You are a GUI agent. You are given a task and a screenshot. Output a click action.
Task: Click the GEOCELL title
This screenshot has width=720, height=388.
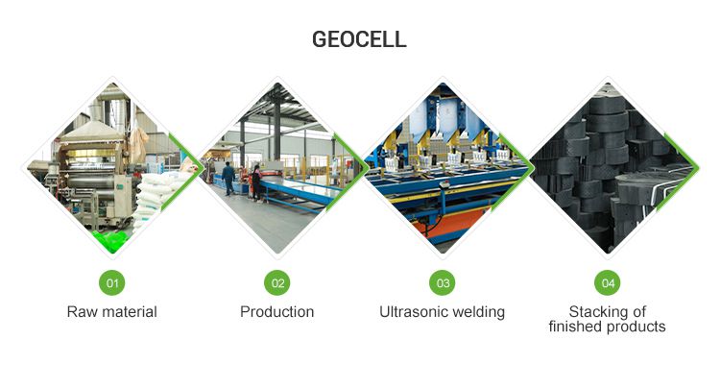coord(359,39)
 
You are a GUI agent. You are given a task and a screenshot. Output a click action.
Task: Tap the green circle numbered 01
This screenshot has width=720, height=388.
coord(112,282)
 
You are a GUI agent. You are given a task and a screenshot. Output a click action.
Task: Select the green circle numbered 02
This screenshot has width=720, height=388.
coord(276,282)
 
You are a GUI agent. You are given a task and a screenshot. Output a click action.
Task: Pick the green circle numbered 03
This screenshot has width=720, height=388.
coord(442,282)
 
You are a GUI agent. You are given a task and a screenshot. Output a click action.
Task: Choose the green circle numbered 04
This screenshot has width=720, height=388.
coord(607,282)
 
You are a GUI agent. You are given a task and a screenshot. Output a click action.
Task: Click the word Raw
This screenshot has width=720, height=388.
coord(82,312)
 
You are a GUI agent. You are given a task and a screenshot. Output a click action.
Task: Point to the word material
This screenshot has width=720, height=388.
coord(128,312)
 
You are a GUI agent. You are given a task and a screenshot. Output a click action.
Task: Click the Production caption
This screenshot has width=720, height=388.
coord(276,312)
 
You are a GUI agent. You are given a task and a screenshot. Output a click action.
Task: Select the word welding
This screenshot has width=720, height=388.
coord(479,312)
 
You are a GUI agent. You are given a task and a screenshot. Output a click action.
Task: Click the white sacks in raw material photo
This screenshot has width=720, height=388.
coord(154,192)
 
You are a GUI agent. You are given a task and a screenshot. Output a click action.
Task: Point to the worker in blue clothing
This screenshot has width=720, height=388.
coord(228,179)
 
